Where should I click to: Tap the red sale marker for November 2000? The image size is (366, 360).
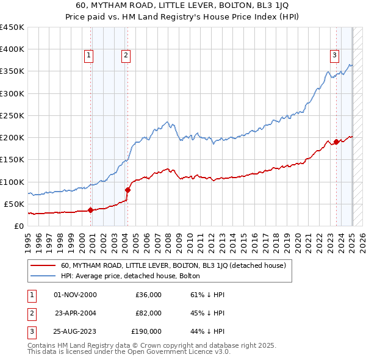click(x=90, y=210)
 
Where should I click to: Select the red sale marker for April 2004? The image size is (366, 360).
click(x=127, y=190)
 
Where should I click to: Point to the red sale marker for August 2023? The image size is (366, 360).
click(x=337, y=142)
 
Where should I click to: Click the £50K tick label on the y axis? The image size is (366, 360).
click(x=15, y=204)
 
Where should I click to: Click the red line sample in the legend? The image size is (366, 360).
click(x=42, y=265)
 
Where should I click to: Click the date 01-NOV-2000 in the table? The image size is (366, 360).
click(x=75, y=295)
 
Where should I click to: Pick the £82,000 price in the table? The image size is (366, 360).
click(x=148, y=313)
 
